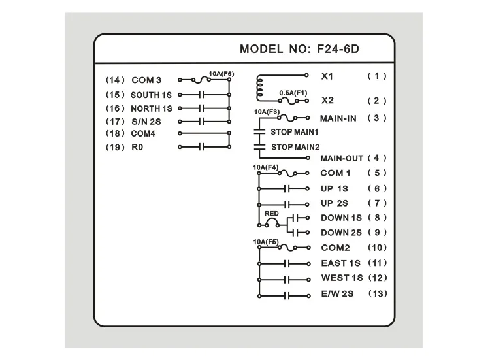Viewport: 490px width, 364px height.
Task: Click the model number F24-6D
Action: (338, 49)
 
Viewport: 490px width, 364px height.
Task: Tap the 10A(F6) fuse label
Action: (221, 74)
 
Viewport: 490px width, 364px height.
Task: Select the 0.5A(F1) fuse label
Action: (293, 93)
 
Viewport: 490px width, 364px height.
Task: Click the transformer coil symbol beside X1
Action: (259, 88)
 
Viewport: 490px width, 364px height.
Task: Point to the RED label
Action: (271, 214)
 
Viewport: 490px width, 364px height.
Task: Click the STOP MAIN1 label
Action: (295, 132)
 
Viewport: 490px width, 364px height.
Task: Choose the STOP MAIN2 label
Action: (295, 147)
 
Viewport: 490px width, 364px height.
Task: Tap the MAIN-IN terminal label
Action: (338, 118)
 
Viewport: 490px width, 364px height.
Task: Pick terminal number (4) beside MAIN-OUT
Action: (377, 158)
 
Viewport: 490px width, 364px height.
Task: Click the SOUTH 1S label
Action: (152, 95)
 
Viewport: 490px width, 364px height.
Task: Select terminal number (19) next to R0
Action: (115, 147)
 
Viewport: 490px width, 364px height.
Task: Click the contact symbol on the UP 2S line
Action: (287, 205)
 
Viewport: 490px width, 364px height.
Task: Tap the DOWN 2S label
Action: (341, 233)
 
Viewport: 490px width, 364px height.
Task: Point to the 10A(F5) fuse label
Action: (266, 242)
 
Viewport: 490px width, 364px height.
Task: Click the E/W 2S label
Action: (337, 294)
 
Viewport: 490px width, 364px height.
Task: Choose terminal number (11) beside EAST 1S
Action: (378, 263)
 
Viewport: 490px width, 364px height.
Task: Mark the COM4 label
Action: (143, 134)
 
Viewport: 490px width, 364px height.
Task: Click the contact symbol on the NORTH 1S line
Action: (202, 108)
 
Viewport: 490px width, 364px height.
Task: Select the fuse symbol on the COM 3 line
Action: (201, 80)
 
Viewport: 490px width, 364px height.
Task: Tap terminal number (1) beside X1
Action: (377, 76)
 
